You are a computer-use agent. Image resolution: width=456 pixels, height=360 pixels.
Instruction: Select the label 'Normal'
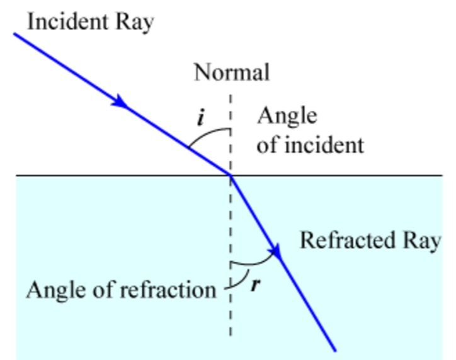tap(231, 72)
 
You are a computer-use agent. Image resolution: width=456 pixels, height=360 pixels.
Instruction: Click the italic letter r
tap(255, 284)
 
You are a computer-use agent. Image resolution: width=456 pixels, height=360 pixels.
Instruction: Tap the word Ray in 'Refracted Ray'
tap(422, 240)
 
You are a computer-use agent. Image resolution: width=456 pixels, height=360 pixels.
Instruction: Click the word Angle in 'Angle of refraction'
tap(54, 290)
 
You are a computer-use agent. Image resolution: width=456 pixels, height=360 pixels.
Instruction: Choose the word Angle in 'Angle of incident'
tap(287, 117)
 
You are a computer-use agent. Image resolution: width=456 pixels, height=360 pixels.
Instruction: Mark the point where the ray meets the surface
tap(231, 175)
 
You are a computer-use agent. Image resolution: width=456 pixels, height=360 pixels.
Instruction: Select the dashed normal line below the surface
tap(231, 315)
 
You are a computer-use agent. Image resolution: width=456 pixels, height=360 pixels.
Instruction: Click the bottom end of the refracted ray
tap(334, 349)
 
